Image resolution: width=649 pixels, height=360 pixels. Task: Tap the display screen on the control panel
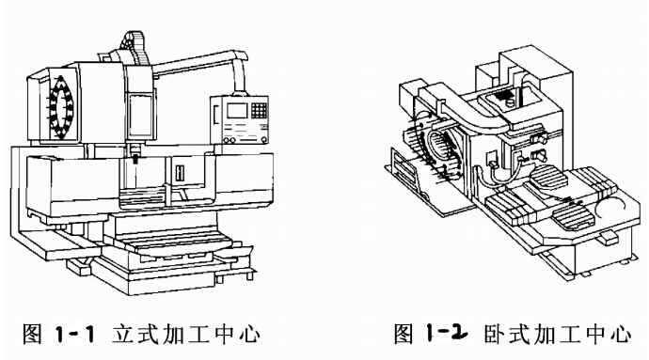pyautogui.click(x=237, y=111)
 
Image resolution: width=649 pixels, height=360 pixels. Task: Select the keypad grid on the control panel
pyautogui.click(x=259, y=110)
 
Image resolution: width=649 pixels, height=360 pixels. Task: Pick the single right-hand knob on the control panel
pyautogui.click(x=263, y=140)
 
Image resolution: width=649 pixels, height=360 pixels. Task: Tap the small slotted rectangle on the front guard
pyautogui.click(x=180, y=173)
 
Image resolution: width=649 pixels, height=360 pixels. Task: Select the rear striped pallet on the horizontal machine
pyautogui.click(x=550, y=179)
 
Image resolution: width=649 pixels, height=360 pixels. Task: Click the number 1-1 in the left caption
pyautogui.click(x=74, y=334)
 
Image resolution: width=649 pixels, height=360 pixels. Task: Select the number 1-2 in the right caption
pyautogui.click(x=447, y=333)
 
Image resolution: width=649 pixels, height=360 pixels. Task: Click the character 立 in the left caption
pyautogui.click(x=124, y=334)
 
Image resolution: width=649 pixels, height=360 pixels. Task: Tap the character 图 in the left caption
pyautogui.click(x=33, y=334)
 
